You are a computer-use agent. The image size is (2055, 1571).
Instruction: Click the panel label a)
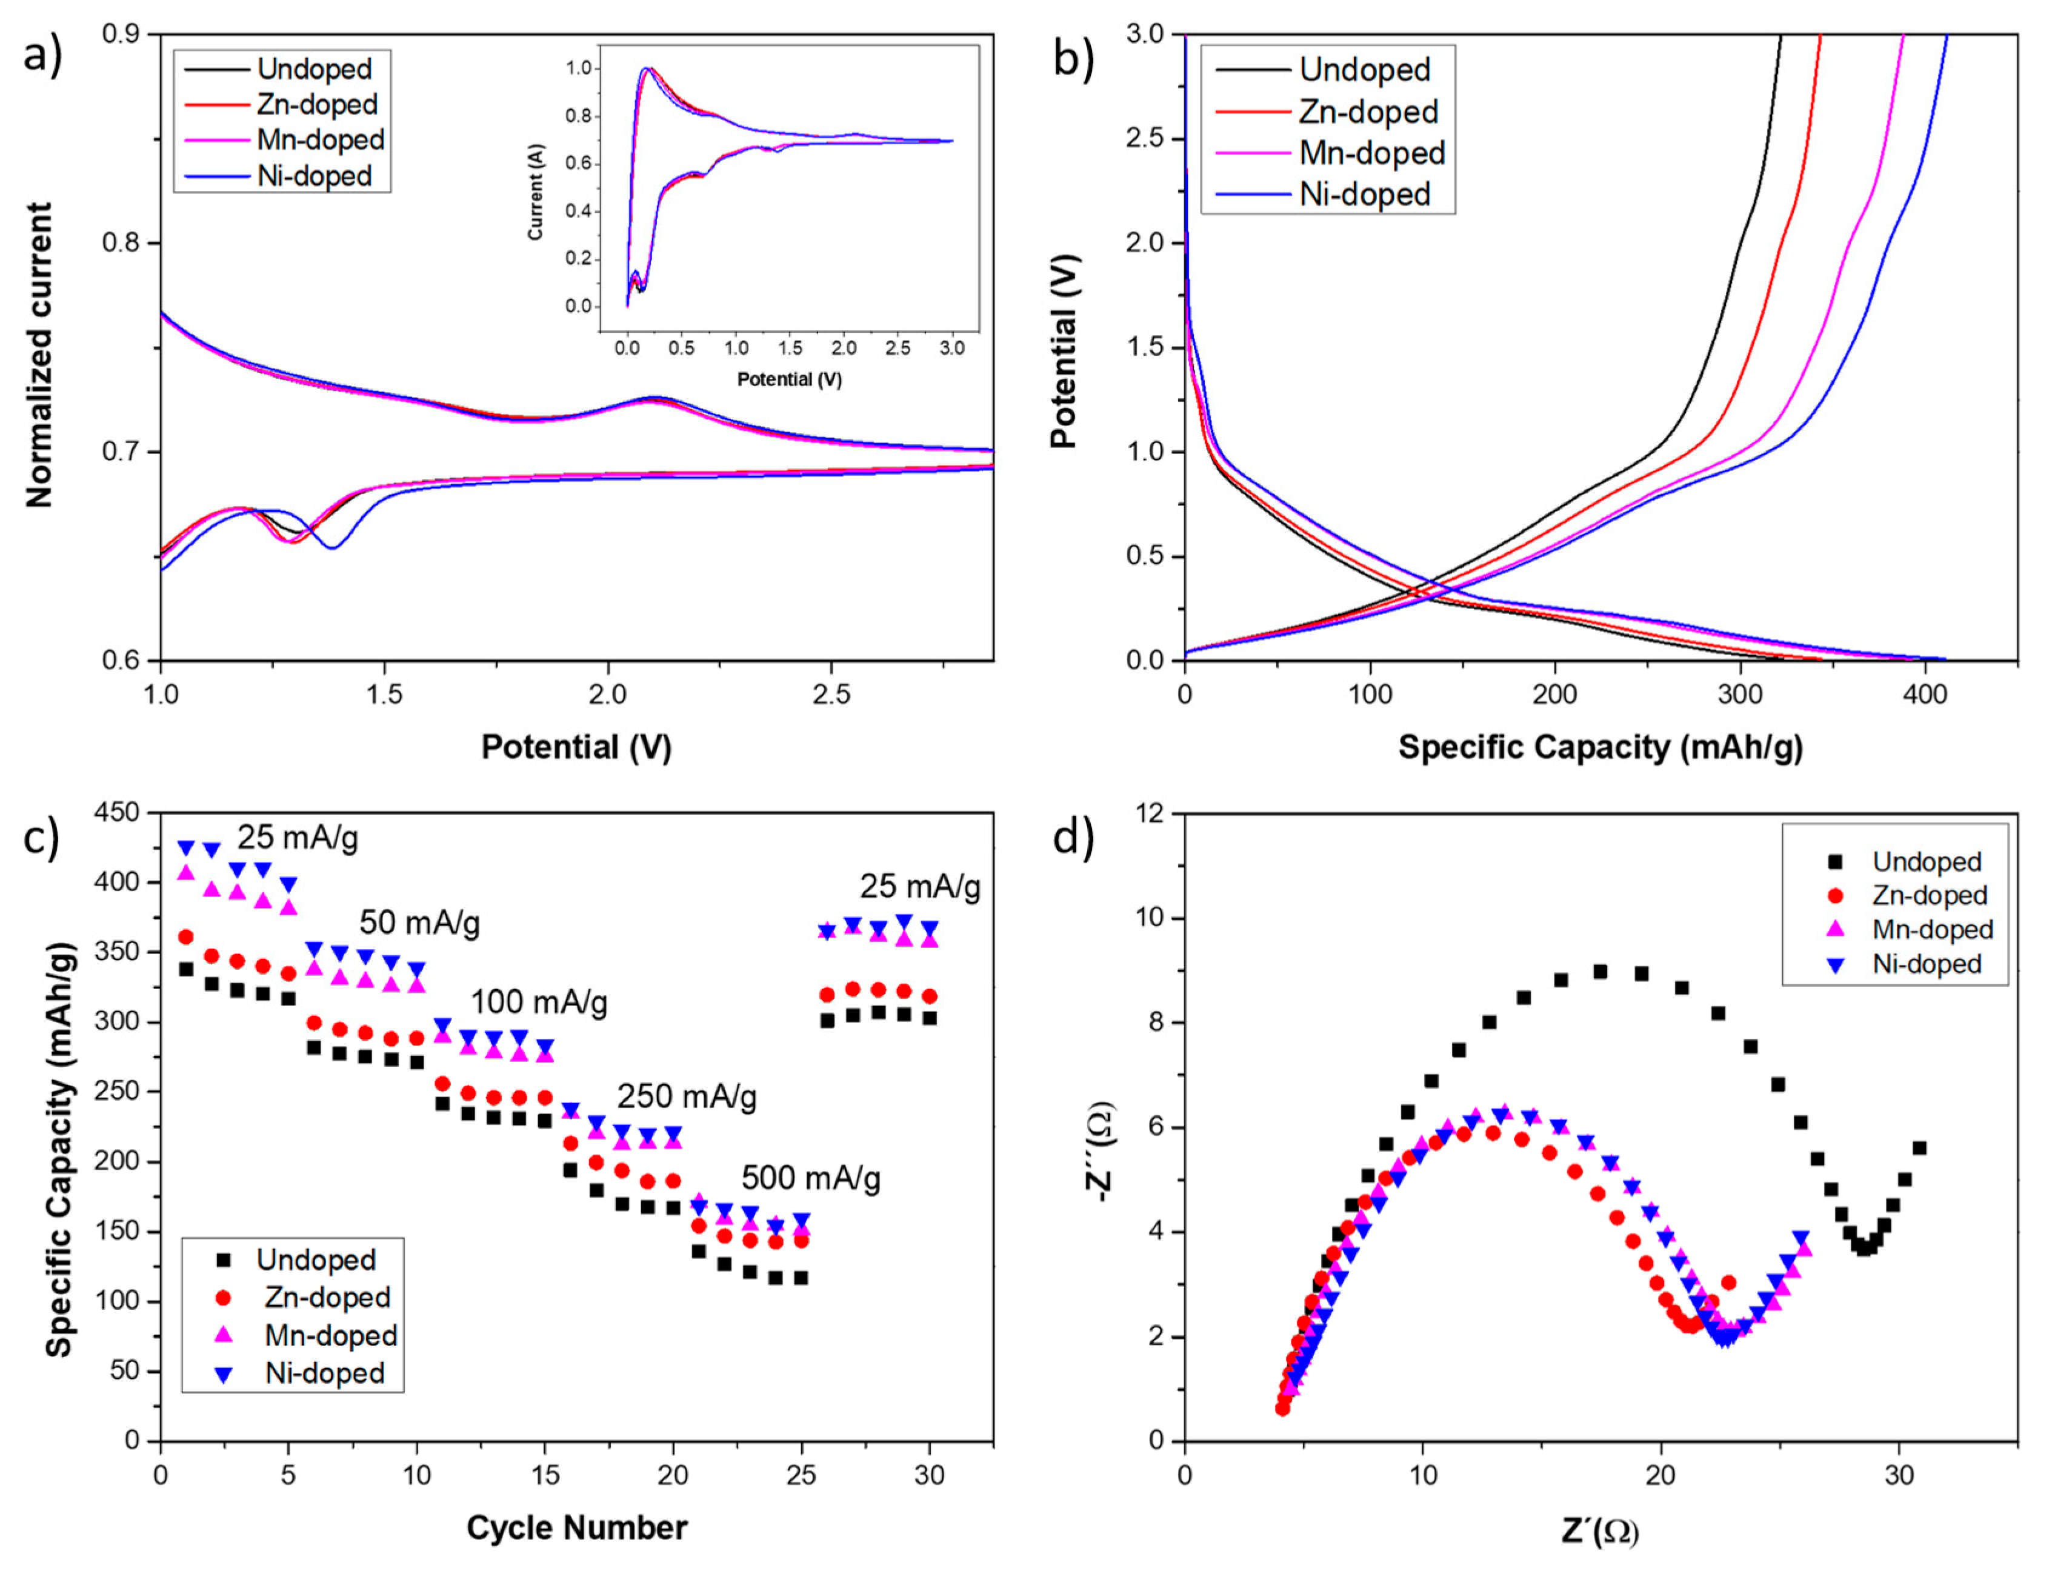tap(42, 56)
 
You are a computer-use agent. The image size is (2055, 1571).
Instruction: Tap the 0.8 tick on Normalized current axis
tap(119, 243)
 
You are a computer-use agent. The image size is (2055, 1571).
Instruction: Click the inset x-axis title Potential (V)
tap(789, 379)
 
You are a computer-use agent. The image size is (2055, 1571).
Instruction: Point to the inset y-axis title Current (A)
tap(536, 192)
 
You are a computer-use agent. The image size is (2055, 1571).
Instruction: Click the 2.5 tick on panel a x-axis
tap(831, 695)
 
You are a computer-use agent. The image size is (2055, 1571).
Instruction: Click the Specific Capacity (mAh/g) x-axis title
tap(1600, 747)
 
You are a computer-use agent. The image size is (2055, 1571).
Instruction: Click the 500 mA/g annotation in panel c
tap(811, 1178)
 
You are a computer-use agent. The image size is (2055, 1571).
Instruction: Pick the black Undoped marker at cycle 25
tap(801, 1278)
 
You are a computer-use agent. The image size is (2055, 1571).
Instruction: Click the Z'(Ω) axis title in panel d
tap(1600, 1532)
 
